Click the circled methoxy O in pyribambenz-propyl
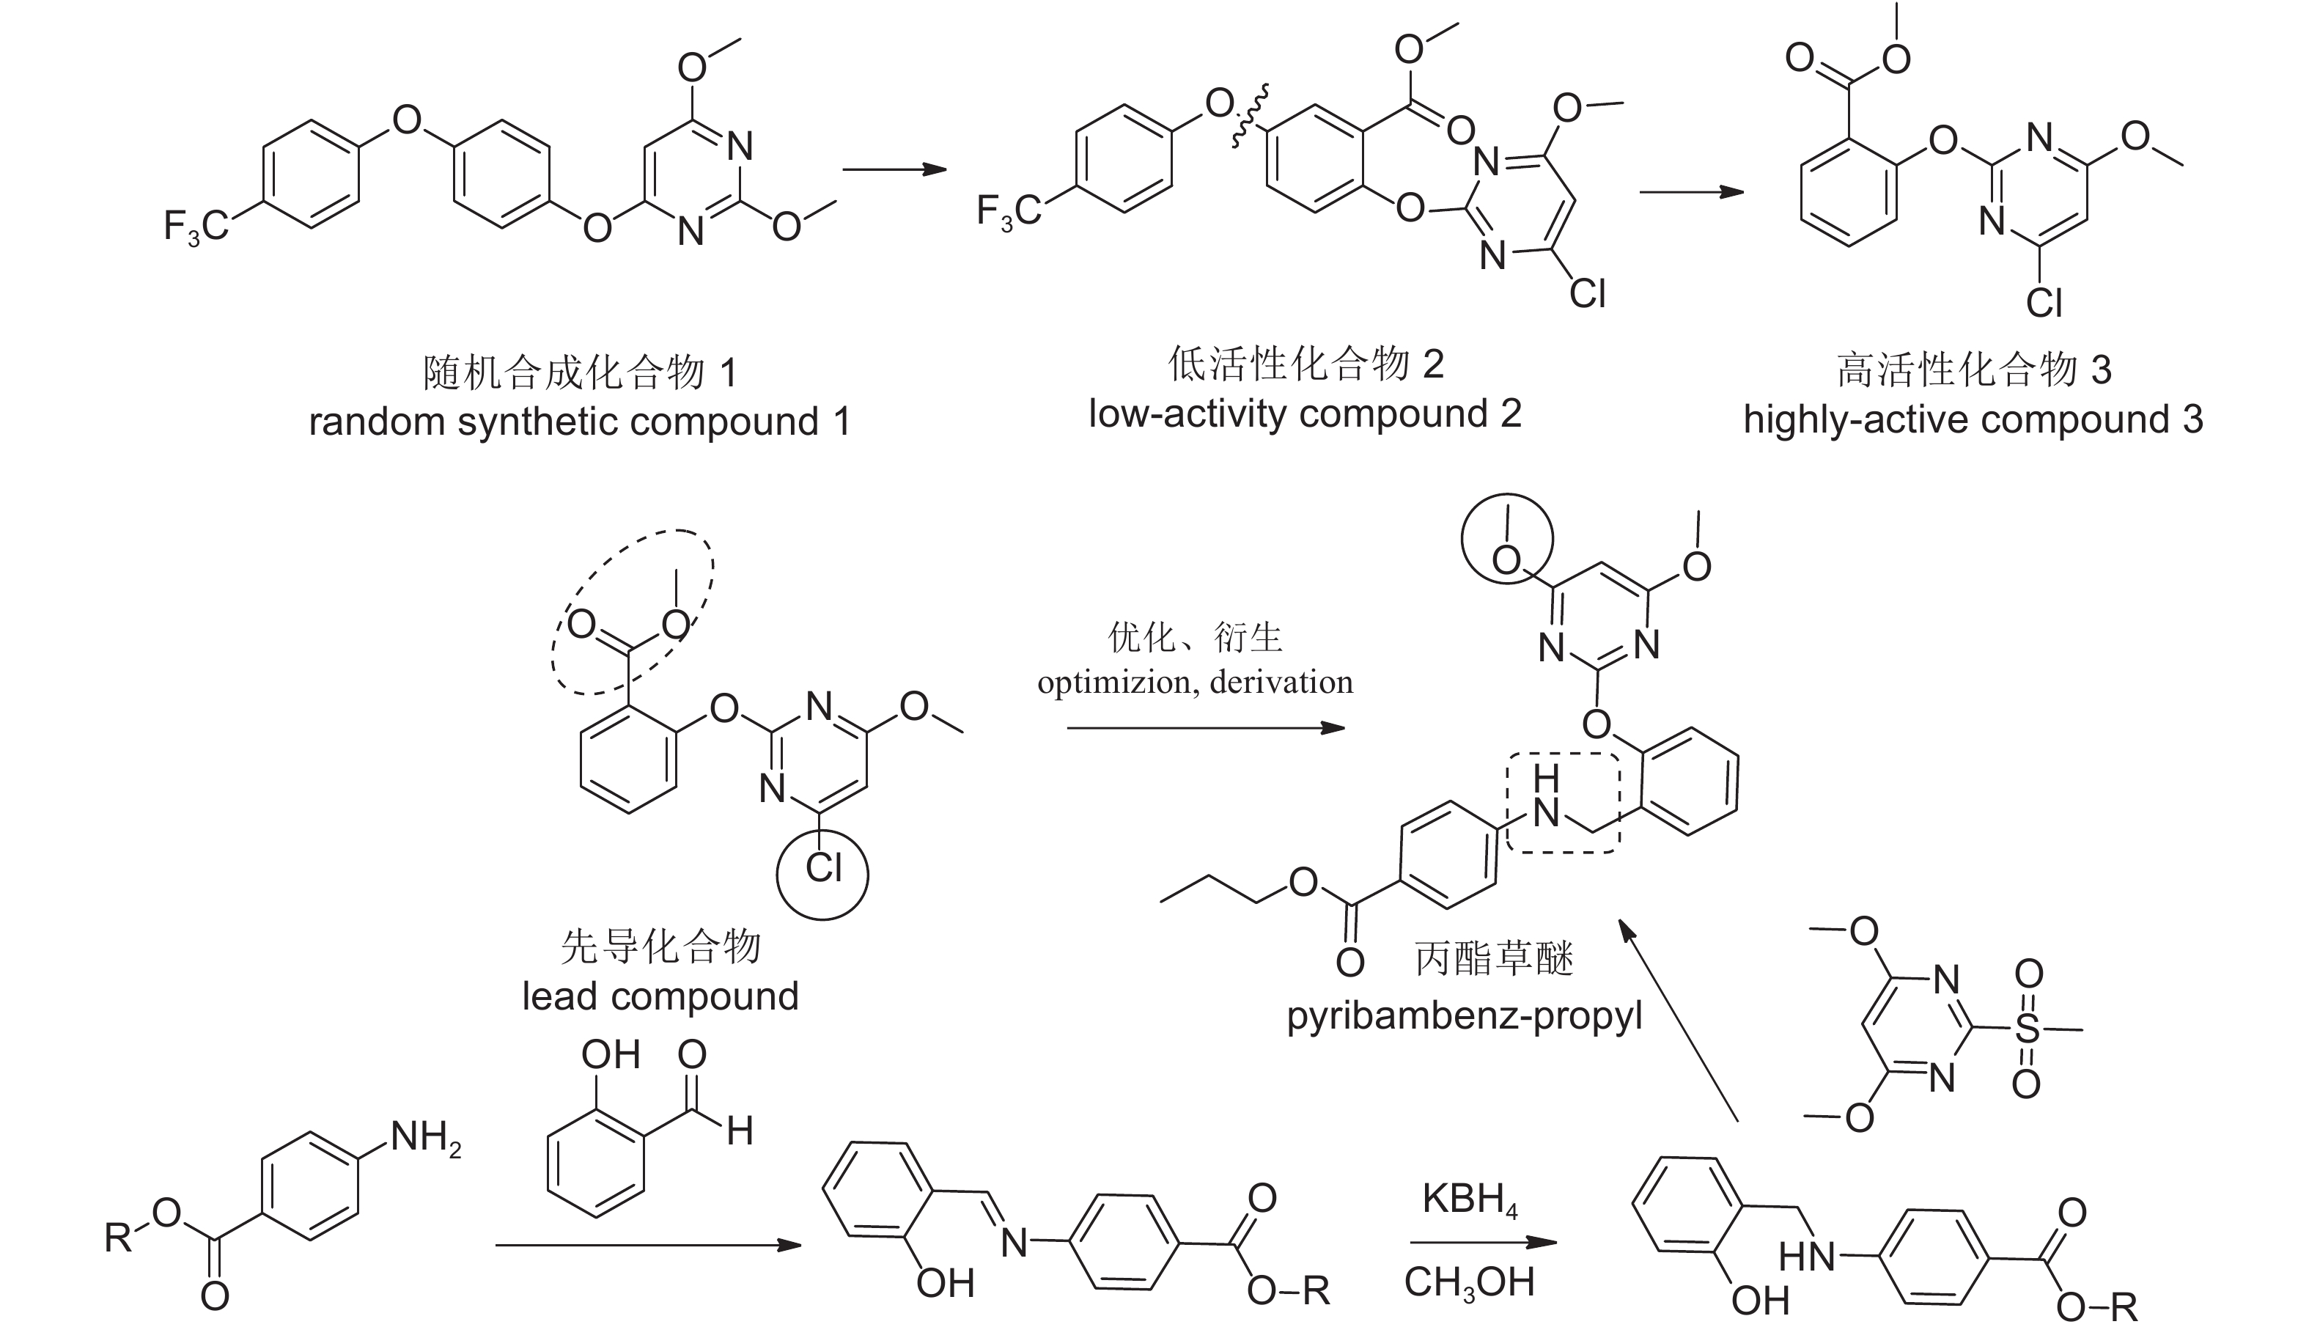pyautogui.click(x=1506, y=559)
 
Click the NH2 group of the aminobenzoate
pyautogui.click(x=425, y=1139)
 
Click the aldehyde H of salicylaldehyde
pyautogui.click(x=740, y=1131)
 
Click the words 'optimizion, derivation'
pyautogui.click(x=1195, y=683)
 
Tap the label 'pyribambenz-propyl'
pyautogui.click(x=1465, y=1016)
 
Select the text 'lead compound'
pyautogui.click(x=660, y=996)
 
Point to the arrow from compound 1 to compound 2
pyautogui.click(x=894, y=169)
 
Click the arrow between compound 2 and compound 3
pyautogui.click(x=1692, y=191)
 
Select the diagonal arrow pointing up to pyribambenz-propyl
pyautogui.click(x=1678, y=1021)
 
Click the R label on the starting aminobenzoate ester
pyautogui.click(x=118, y=1238)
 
